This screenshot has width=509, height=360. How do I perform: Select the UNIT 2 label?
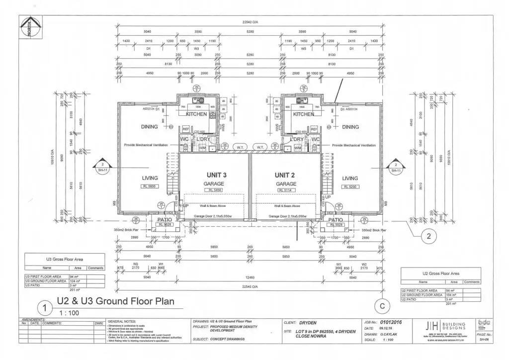(x=285, y=175)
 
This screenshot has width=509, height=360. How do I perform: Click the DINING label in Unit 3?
(x=149, y=127)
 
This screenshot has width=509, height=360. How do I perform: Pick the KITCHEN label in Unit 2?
(x=303, y=114)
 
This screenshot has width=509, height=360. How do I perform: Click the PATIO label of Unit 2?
(x=336, y=219)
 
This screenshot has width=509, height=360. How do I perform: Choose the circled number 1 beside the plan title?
(x=45, y=307)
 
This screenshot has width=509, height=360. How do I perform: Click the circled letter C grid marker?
(x=382, y=307)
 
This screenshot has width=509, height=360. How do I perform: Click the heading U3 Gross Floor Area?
(x=65, y=260)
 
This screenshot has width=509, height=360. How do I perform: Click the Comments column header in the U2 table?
(x=471, y=282)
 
